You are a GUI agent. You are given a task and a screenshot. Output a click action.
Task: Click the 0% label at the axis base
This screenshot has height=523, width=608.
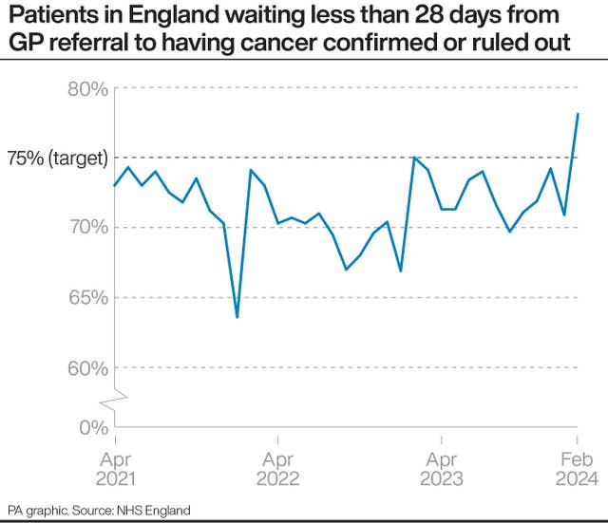[x=94, y=427]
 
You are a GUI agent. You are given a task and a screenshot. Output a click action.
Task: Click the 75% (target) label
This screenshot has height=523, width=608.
[x=57, y=159]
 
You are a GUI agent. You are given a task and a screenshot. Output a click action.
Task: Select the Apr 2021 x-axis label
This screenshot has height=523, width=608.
[x=115, y=467]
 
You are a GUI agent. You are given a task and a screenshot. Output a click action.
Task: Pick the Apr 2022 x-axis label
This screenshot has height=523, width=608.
[x=277, y=467]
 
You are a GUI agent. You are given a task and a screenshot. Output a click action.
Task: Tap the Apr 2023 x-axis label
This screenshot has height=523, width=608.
[x=440, y=467]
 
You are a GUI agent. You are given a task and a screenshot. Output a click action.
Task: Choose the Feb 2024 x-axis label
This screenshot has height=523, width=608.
[x=577, y=467]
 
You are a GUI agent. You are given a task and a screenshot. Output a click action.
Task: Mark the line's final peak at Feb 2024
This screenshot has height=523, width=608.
[x=578, y=114]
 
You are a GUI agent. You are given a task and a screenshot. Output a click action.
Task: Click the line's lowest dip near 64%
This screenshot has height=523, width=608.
[x=237, y=317]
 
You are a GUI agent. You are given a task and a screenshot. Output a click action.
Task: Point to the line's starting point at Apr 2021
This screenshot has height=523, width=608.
[x=115, y=185]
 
